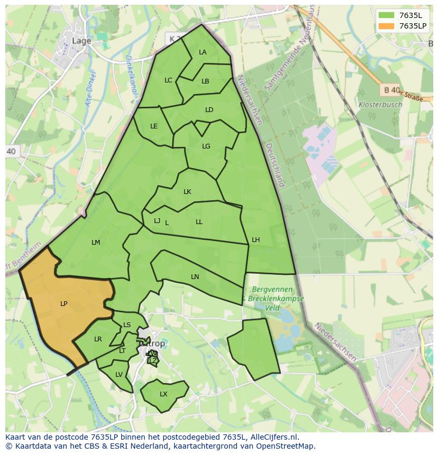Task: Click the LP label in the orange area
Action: [63, 303]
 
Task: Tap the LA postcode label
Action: [203, 52]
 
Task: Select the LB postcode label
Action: [205, 81]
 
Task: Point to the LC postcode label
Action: [168, 80]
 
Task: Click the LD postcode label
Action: [209, 110]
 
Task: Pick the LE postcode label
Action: [154, 126]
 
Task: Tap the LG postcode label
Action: [206, 146]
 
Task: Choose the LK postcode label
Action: [187, 192]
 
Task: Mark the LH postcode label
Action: [255, 239]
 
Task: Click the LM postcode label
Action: [96, 243]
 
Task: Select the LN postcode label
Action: [195, 276]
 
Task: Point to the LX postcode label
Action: [163, 394]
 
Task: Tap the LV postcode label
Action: [119, 375]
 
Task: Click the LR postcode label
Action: [98, 339]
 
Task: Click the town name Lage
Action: [81, 40]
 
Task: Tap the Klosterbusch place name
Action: [380, 104]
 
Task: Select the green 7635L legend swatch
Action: [387, 15]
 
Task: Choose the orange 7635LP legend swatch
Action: [387, 26]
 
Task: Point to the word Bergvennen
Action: [272, 290]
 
